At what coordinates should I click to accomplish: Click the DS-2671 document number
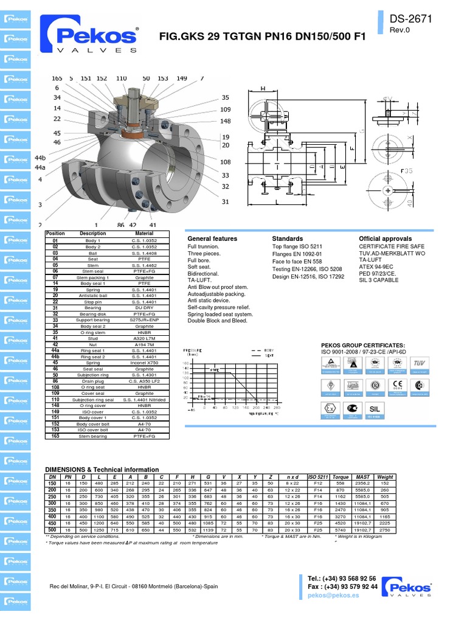411,19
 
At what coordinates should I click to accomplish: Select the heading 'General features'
212,238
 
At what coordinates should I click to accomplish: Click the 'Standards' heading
288,238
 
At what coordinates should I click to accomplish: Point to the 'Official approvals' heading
385,238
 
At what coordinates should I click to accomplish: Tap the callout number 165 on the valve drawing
57,78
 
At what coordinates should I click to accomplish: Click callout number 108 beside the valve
226,162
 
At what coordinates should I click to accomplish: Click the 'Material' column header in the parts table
144,234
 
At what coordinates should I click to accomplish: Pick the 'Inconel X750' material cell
144,363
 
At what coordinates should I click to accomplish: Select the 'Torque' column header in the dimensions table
341,477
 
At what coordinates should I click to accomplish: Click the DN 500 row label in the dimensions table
52,530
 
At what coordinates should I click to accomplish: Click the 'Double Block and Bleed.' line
218,320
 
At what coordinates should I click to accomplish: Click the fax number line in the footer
342,586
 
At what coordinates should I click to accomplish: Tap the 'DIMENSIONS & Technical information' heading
102,470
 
